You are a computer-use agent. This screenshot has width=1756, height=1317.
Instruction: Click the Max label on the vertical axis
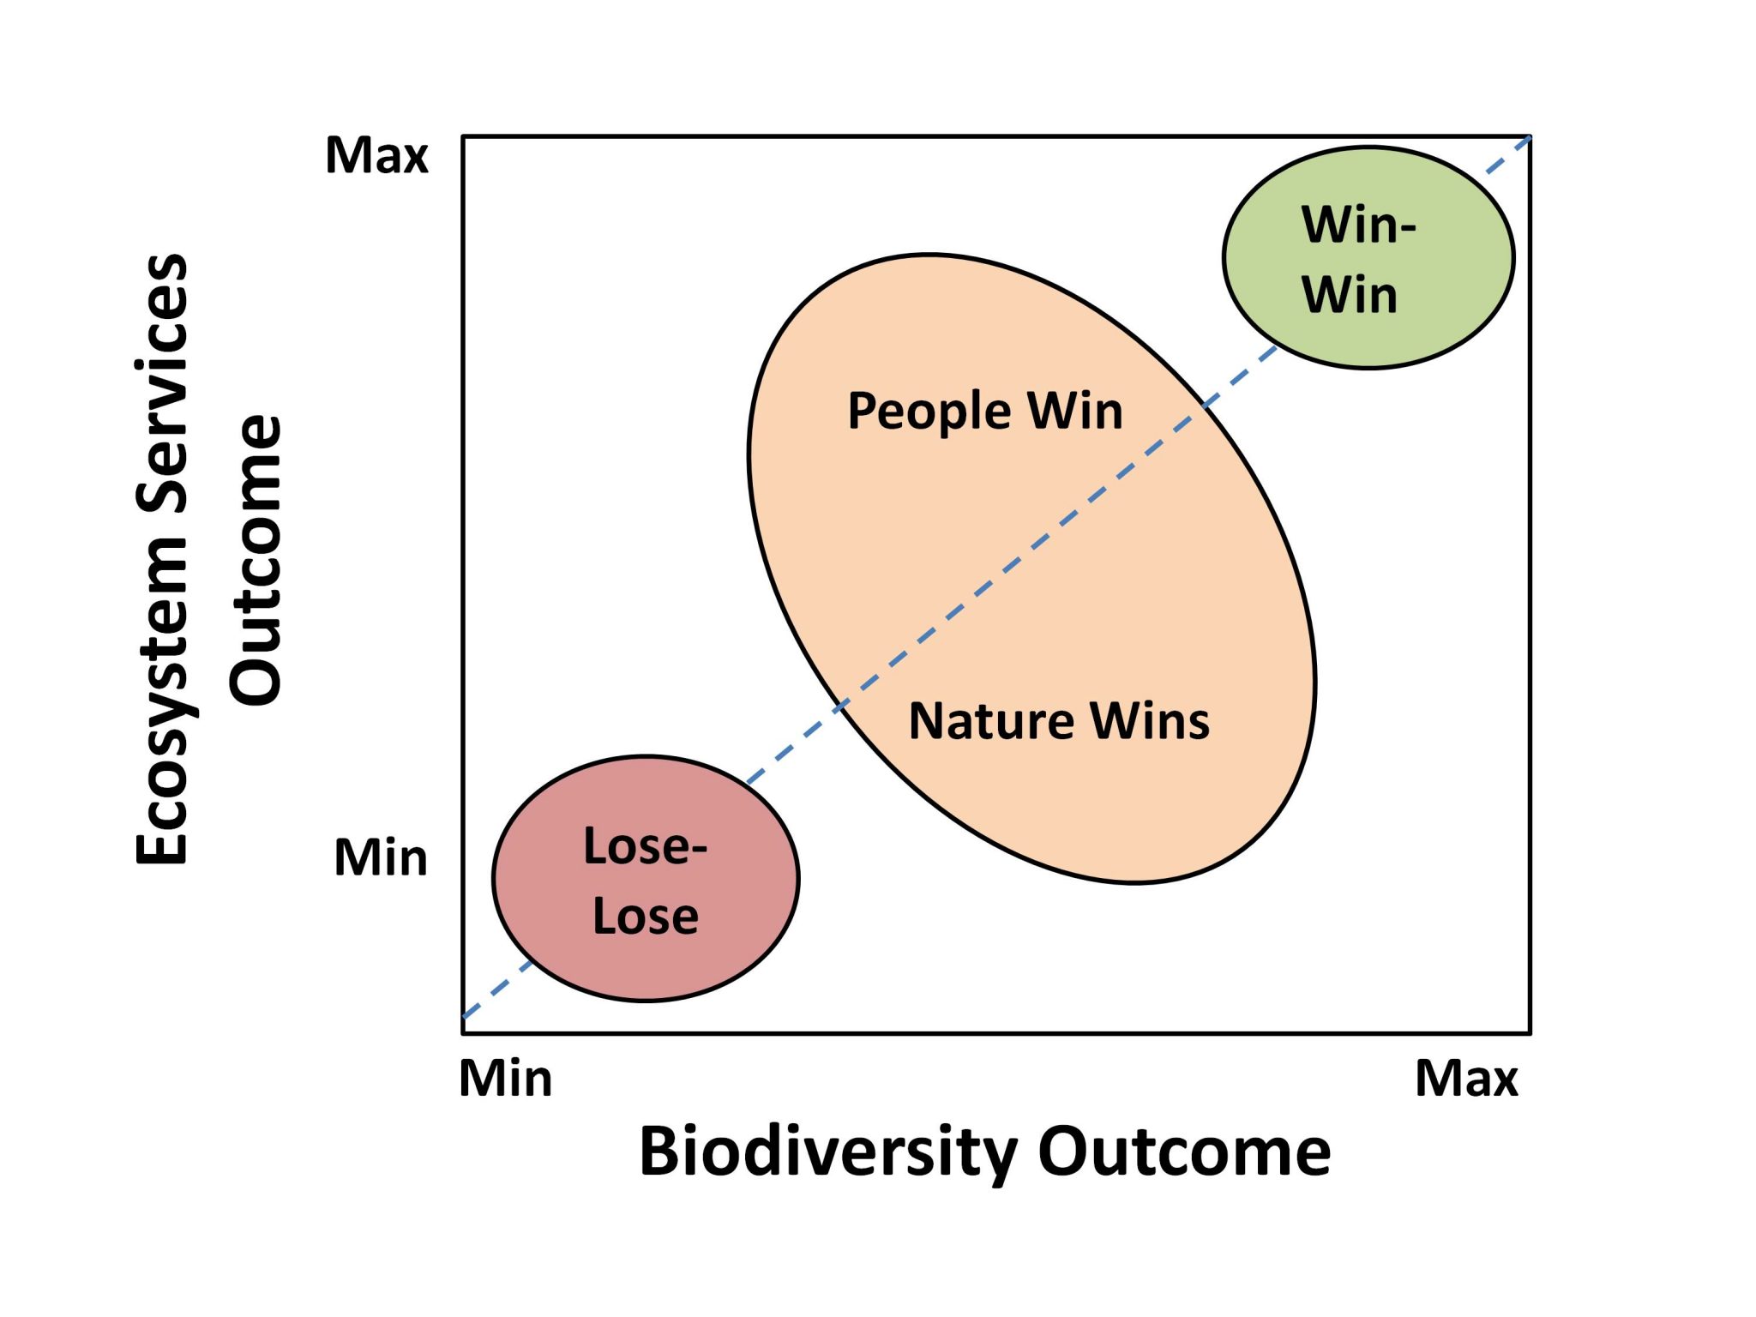click(x=376, y=156)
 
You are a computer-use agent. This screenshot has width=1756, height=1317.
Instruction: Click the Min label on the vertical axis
click(x=381, y=857)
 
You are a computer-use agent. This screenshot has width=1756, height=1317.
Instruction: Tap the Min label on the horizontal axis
click(x=506, y=1079)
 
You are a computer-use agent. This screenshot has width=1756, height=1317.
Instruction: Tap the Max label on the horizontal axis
click(x=1466, y=1079)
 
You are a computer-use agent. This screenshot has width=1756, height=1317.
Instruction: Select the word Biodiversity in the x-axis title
click(x=827, y=1153)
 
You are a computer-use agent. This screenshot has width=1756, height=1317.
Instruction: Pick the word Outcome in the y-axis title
click(x=255, y=561)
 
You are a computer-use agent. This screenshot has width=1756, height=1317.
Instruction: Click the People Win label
click(x=985, y=412)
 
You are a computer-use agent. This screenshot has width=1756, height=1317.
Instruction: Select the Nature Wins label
click(x=1059, y=720)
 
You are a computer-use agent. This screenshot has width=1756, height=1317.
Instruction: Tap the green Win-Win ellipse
click(x=1368, y=257)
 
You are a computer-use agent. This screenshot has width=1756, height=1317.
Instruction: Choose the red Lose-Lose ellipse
click(x=646, y=878)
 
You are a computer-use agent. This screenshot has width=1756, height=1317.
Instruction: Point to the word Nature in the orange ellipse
click(x=990, y=720)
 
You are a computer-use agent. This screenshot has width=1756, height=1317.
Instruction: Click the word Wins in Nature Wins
click(x=1150, y=720)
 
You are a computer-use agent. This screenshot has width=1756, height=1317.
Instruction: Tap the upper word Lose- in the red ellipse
click(x=645, y=846)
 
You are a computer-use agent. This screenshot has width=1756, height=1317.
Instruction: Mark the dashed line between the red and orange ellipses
click(x=794, y=744)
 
